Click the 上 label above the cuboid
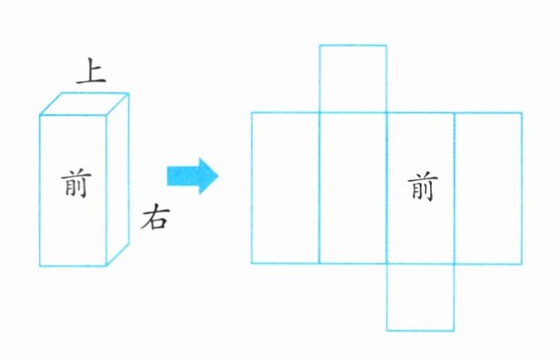coord(91,72)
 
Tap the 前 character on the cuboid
coord(74,183)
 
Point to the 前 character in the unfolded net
coord(422,187)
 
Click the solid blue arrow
coord(193,176)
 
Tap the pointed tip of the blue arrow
coord(218,176)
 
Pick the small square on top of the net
coord(352,78)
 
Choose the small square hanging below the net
coord(420,296)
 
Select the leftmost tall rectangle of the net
coord(286,187)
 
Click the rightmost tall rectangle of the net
coord(488,187)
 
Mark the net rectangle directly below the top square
coord(352,187)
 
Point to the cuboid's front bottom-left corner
coord(40,266)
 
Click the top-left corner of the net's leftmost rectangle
coord(252,112)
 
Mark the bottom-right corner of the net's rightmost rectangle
coord(522,263)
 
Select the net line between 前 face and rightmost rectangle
coord(454,187)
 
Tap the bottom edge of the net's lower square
coord(420,331)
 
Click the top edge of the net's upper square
coord(352,44)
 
